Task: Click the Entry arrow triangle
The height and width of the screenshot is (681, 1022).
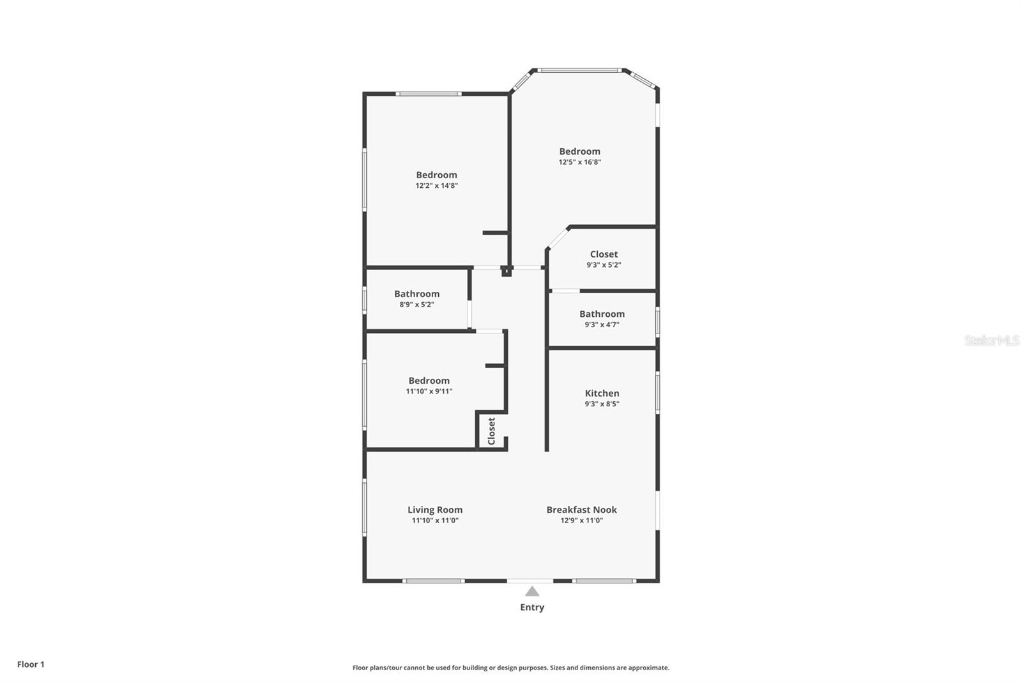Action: [532, 592]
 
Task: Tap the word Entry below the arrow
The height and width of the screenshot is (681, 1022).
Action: [532, 607]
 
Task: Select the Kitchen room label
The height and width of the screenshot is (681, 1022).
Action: [602, 393]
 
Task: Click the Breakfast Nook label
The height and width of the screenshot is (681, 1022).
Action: [582, 509]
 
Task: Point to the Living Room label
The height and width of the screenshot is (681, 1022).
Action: [435, 510]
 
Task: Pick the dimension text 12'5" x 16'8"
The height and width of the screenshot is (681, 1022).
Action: [580, 162]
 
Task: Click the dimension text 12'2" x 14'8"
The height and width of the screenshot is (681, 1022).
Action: [437, 186]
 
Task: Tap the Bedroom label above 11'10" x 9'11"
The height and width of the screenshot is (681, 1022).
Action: [429, 381]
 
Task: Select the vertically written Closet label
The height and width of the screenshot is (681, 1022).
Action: [491, 431]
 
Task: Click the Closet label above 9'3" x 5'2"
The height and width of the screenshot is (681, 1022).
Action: [604, 254]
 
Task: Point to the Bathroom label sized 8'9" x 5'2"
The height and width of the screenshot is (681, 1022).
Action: [417, 294]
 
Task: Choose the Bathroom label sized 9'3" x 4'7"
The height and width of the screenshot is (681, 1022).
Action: [602, 314]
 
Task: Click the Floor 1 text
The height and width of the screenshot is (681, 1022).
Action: [31, 664]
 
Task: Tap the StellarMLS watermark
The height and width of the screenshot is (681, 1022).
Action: [992, 340]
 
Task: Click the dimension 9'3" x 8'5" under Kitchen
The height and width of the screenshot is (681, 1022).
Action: [602, 404]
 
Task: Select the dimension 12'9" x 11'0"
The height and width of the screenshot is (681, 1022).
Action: [582, 521]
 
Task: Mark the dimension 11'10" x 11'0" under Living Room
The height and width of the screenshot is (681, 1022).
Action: [435, 521]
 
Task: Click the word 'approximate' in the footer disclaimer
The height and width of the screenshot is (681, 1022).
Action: [649, 668]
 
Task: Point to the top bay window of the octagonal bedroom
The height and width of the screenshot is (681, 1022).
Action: [579, 70]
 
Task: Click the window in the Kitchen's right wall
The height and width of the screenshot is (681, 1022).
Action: [657, 392]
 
